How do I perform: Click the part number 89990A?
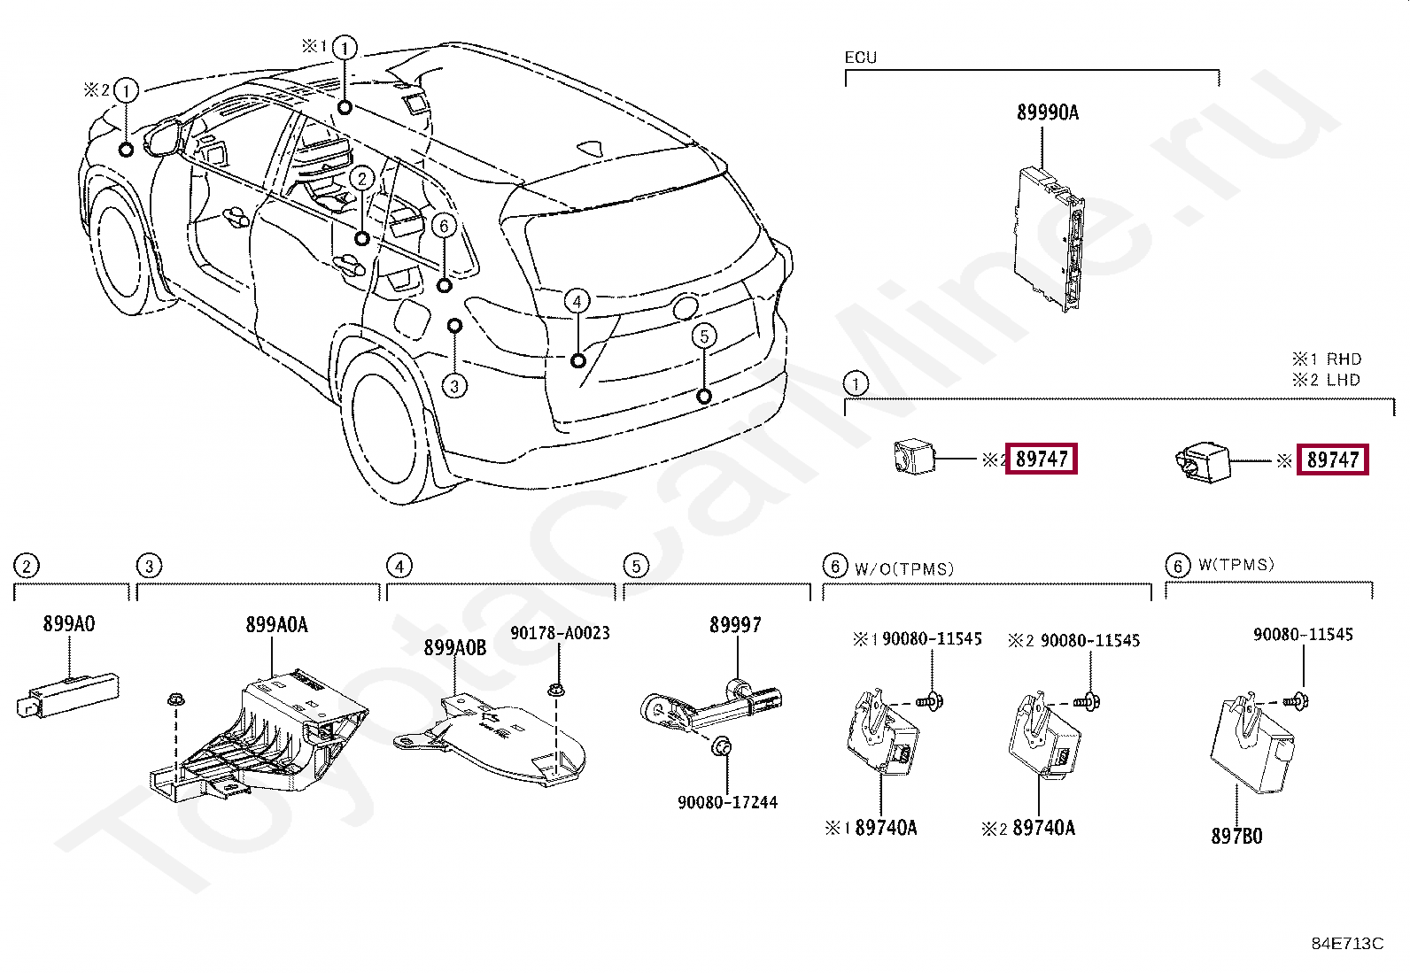(x=1047, y=112)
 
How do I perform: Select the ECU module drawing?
(x=1050, y=239)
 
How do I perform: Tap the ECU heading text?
(x=860, y=58)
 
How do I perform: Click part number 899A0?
(x=68, y=624)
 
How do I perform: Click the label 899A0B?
(x=454, y=648)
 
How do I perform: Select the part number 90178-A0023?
(x=560, y=633)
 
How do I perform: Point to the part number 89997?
(x=734, y=625)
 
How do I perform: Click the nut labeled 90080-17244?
(x=722, y=745)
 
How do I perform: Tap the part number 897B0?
(x=1236, y=836)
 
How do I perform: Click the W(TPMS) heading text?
(x=1236, y=565)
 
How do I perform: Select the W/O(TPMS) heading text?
(x=903, y=568)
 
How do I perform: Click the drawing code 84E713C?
(x=1346, y=944)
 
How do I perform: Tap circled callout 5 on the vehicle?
(x=704, y=336)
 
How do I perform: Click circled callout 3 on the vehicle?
(x=454, y=386)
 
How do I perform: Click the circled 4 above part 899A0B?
(x=399, y=566)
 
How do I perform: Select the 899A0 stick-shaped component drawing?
(x=67, y=693)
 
